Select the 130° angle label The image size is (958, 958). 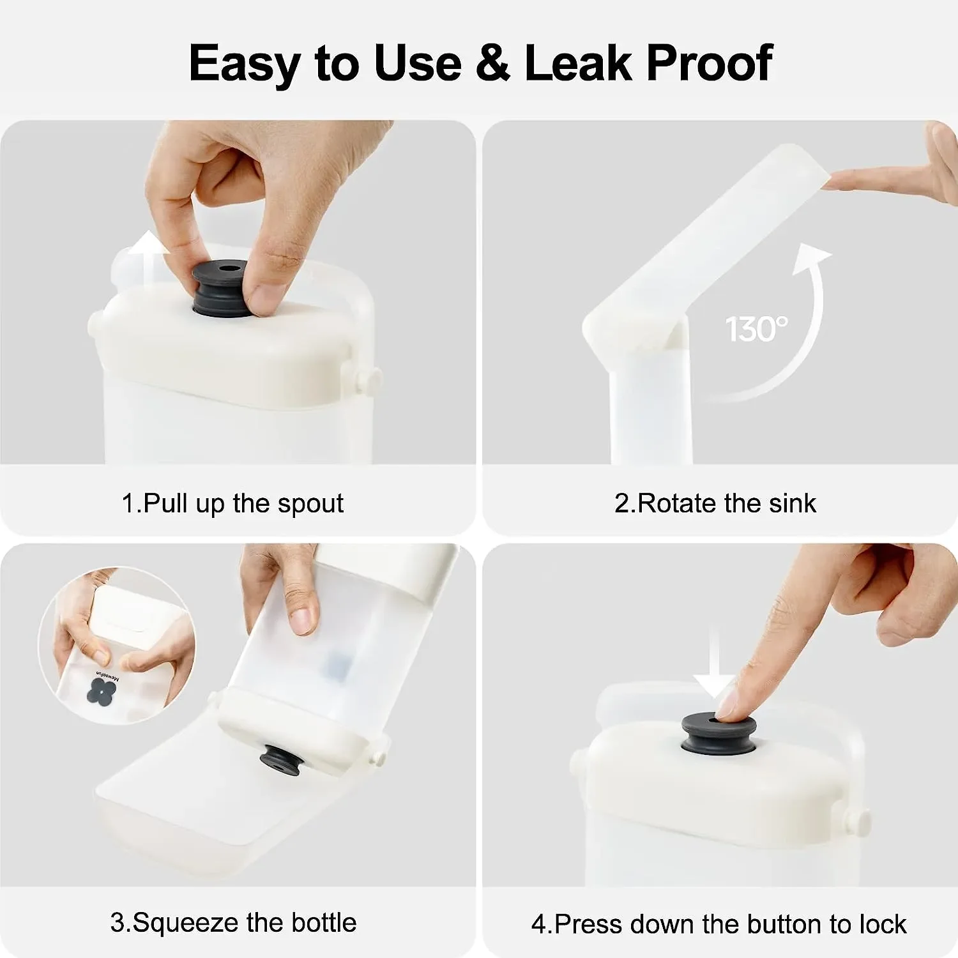(x=756, y=330)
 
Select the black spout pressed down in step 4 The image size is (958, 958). (x=718, y=734)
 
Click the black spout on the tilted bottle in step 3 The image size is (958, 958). (x=282, y=761)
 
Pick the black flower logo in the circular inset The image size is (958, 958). (x=102, y=692)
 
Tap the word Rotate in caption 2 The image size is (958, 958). (x=678, y=503)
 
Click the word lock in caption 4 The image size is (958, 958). (x=883, y=924)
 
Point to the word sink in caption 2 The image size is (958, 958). (x=792, y=503)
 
